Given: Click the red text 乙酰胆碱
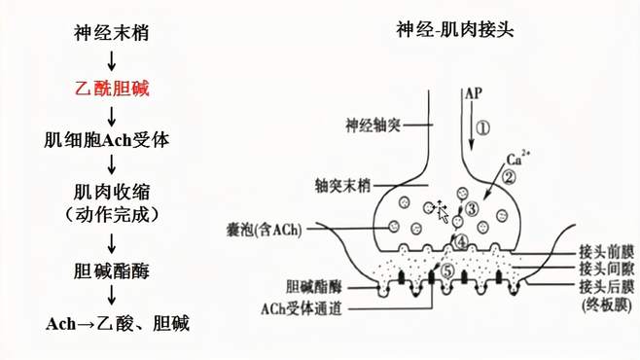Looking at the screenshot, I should click(x=112, y=88).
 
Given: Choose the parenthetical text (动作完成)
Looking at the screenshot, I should click(x=112, y=213).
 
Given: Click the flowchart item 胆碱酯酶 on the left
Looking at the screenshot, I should click(x=112, y=268).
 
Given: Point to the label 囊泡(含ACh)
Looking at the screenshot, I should click(x=262, y=230).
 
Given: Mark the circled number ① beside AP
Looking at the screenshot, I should click(x=483, y=127).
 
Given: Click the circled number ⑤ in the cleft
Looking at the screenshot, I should click(x=446, y=272).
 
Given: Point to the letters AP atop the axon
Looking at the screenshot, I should click(x=474, y=94).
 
